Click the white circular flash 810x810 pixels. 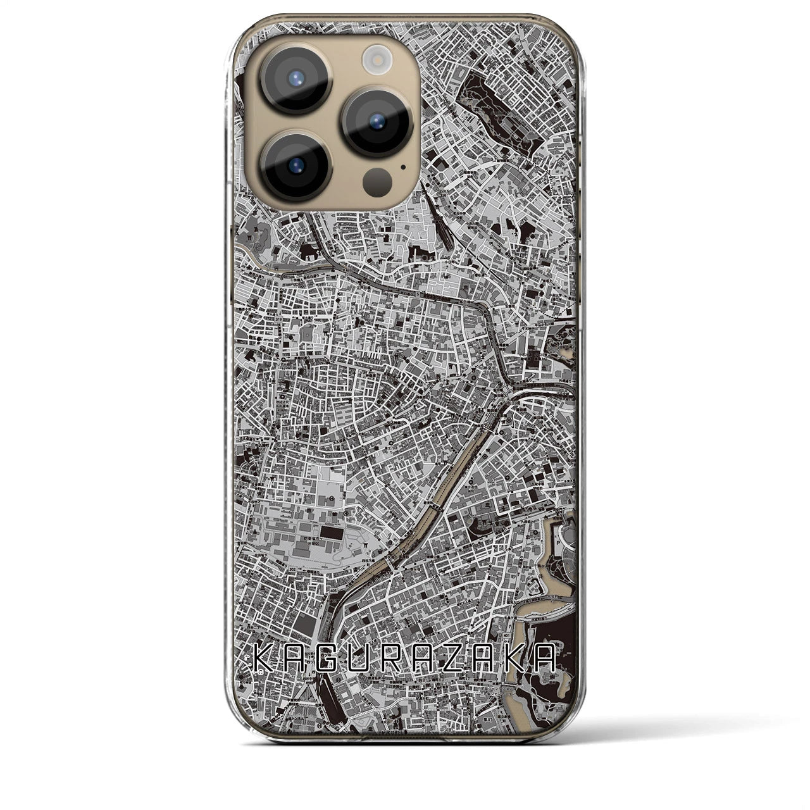(374, 61)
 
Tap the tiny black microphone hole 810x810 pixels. (403, 168)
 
